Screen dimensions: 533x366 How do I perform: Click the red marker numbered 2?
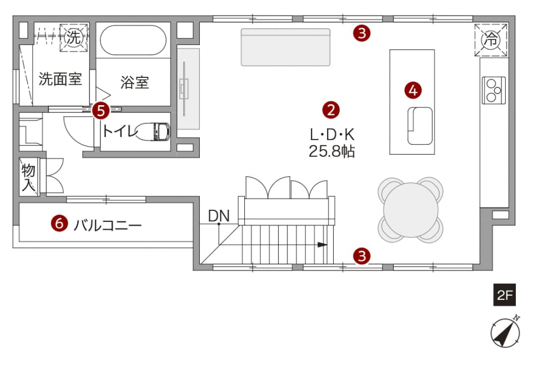(x=331, y=110)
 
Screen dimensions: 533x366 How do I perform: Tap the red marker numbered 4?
(x=413, y=91)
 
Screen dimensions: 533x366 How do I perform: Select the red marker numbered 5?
(x=101, y=111)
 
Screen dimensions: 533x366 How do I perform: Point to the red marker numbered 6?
(x=59, y=224)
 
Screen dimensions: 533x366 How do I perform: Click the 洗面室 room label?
(x=60, y=79)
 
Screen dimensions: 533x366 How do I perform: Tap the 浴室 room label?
(x=134, y=82)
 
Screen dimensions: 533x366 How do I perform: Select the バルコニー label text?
(x=107, y=225)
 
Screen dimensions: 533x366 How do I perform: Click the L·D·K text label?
(x=332, y=135)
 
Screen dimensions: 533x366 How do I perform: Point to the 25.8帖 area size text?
(x=332, y=151)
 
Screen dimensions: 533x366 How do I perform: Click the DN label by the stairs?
(x=219, y=215)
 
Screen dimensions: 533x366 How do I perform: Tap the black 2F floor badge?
(x=505, y=295)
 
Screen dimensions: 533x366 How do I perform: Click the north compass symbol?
(x=505, y=332)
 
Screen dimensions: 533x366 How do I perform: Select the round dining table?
(x=411, y=210)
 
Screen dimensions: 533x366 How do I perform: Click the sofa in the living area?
(x=285, y=47)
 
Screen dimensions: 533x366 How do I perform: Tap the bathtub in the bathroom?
(x=133, y=39)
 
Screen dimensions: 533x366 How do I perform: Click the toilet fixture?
(x=153, y=131)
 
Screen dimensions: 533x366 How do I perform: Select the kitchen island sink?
(x=420, y=126)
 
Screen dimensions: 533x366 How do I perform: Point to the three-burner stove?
(x=494, y=90)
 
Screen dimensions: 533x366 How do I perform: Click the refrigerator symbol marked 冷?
(x=491, y=40)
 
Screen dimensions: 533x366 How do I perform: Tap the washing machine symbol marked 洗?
(x=74, y=37)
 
